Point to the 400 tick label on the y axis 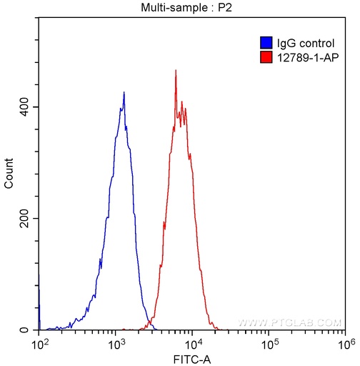click(26, 107)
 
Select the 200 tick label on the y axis click(26, 218)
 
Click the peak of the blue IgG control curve click(124, 93)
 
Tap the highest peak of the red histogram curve click(176, 71)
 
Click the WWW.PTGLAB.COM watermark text click(289, 322)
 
